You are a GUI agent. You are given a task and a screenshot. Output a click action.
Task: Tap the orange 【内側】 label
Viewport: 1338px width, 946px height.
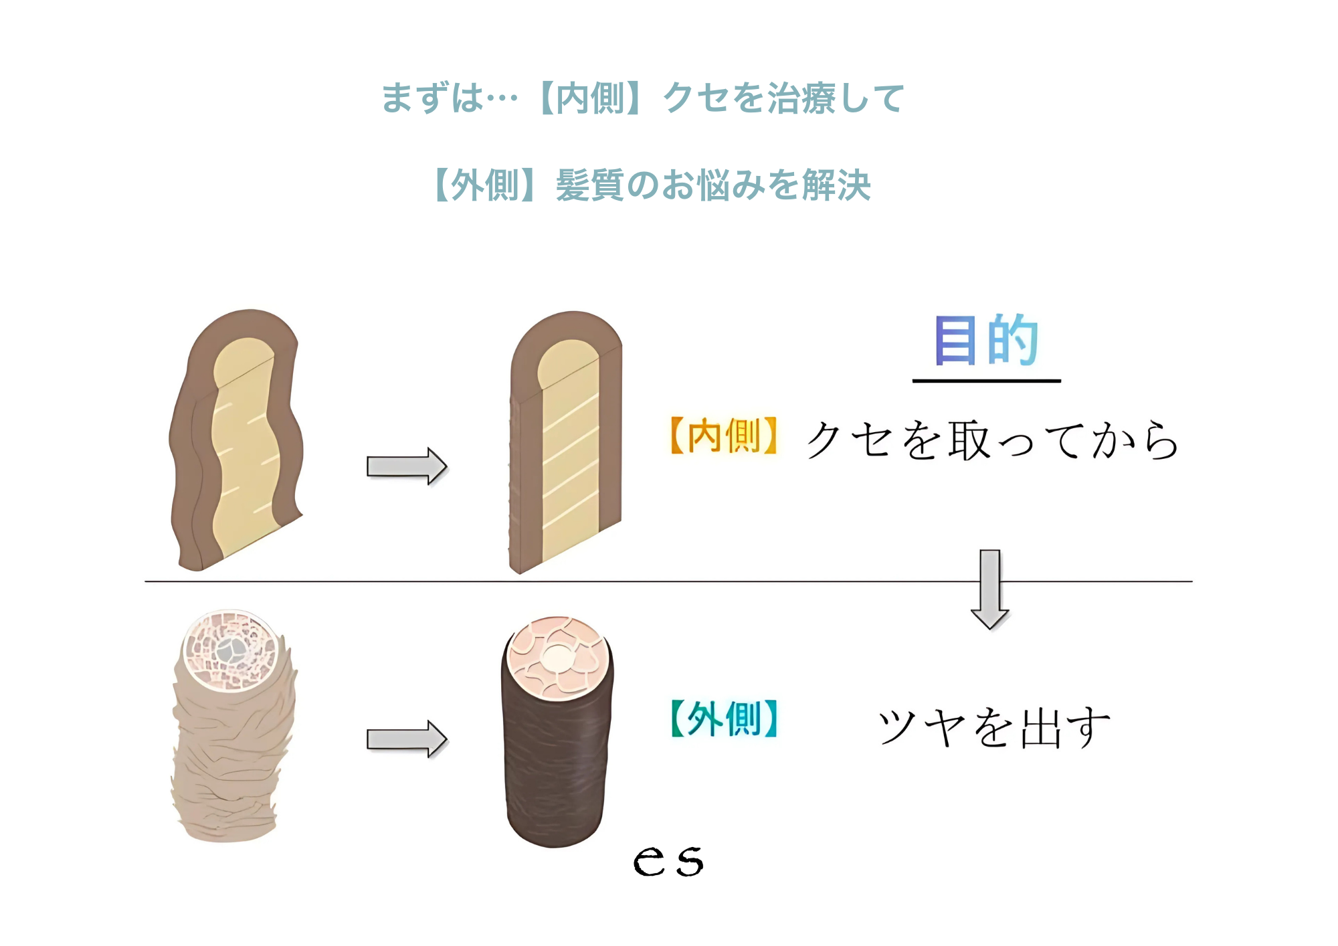724,436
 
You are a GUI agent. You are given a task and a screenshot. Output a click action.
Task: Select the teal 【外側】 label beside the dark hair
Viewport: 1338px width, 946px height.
724,719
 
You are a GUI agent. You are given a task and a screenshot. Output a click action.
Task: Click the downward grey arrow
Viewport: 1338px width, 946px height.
990,589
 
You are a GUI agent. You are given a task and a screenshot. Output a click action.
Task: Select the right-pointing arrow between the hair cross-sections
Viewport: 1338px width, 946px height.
406,466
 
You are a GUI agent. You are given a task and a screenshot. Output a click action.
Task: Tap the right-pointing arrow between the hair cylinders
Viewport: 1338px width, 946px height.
406,739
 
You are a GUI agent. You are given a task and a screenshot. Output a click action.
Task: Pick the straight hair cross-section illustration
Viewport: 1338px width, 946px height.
566,442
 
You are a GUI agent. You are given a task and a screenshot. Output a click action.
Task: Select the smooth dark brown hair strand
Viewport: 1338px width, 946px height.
557,756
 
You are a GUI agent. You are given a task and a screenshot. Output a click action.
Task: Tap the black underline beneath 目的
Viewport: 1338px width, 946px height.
986,381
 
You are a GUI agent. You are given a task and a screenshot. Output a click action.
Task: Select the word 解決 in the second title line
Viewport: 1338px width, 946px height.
836,185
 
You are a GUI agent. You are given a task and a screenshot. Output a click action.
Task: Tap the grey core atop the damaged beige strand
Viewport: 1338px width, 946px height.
230,648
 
